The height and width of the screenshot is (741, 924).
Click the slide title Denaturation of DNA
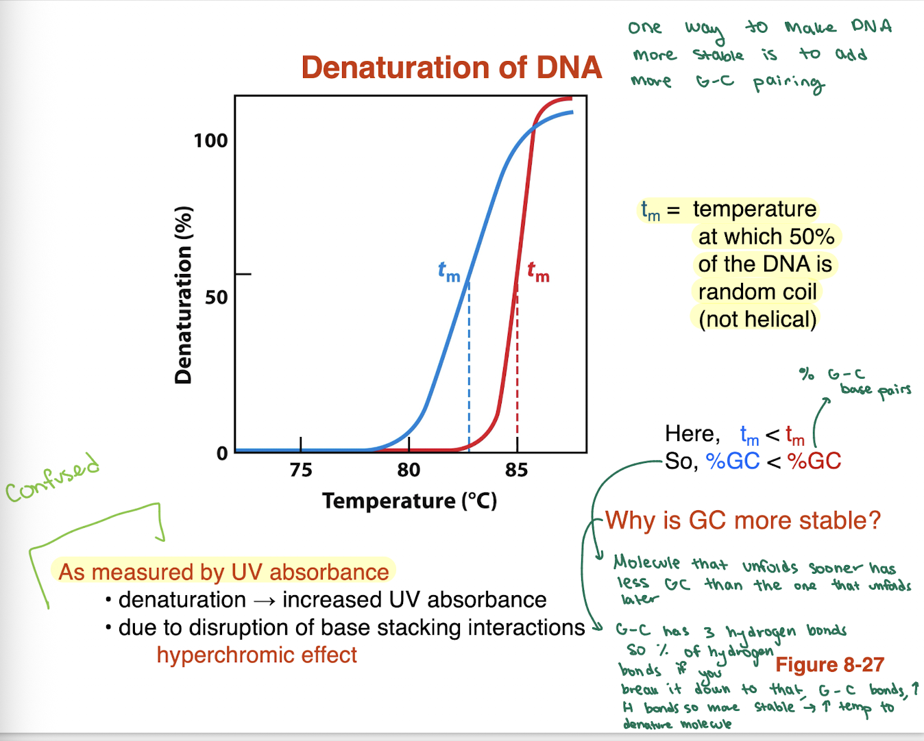point(451,68)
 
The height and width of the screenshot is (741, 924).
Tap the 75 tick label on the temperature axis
point(300,470)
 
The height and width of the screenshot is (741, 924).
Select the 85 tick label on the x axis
point(516,470)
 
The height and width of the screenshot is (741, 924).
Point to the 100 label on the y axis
point(210,141)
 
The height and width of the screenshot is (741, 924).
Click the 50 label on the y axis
point(216,297)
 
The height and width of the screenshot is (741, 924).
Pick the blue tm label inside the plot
point(449,272)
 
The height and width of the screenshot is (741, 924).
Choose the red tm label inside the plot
point(538,272)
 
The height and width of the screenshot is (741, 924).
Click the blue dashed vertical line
point(469,370)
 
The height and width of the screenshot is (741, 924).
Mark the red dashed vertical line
point(517,370)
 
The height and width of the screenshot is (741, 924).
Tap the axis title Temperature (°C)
point(409,501)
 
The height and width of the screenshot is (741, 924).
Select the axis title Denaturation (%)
point(183,295)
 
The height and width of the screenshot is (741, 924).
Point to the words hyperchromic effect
point(256,655)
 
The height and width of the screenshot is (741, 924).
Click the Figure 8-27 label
point(829,664)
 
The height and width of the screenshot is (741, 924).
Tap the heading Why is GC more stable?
point(742,520)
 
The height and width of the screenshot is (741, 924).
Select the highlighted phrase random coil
point(757,292)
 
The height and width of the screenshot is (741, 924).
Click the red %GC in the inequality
point(814,461)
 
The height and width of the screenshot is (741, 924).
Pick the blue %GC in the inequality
point(733,461)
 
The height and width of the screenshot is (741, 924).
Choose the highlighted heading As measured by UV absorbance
point(223,572)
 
